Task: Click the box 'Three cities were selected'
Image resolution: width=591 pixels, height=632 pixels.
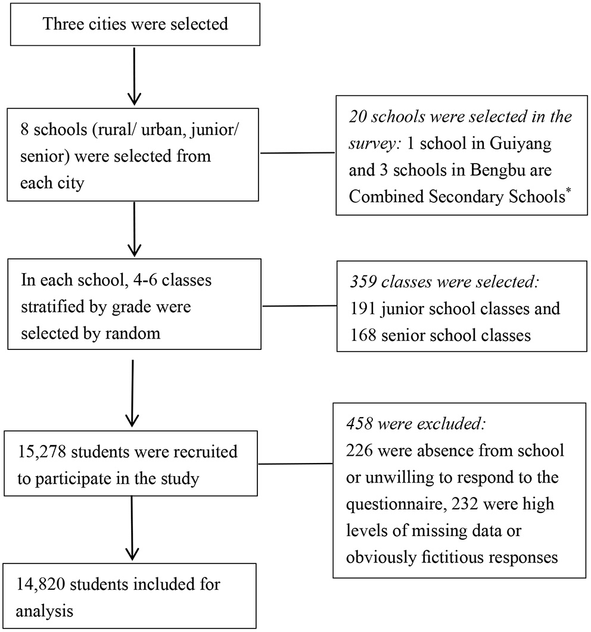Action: [x=135, y=25]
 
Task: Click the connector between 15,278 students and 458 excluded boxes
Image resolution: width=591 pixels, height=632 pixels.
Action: [x=296, y=464]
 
